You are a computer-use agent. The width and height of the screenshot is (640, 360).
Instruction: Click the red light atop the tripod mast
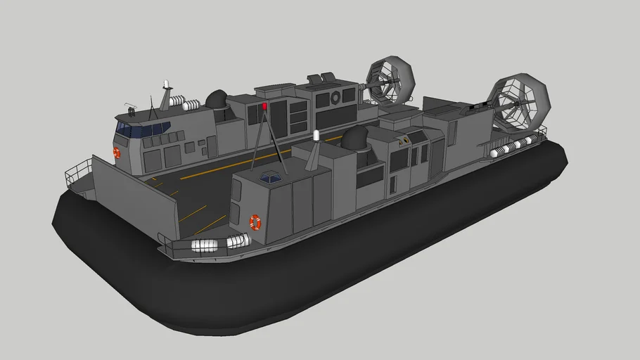point(264,106)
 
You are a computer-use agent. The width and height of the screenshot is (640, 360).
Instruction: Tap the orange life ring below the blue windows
point(117,153)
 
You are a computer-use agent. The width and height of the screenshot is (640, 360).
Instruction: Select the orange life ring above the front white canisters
point(255,222)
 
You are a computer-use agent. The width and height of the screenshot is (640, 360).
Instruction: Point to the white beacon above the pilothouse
point(167,84)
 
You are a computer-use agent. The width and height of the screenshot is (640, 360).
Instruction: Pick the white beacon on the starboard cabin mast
point(316,134)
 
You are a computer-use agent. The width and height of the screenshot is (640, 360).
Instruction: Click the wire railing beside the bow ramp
point(78,173)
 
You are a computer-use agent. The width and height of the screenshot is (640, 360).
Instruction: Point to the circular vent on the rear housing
point(335,97)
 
